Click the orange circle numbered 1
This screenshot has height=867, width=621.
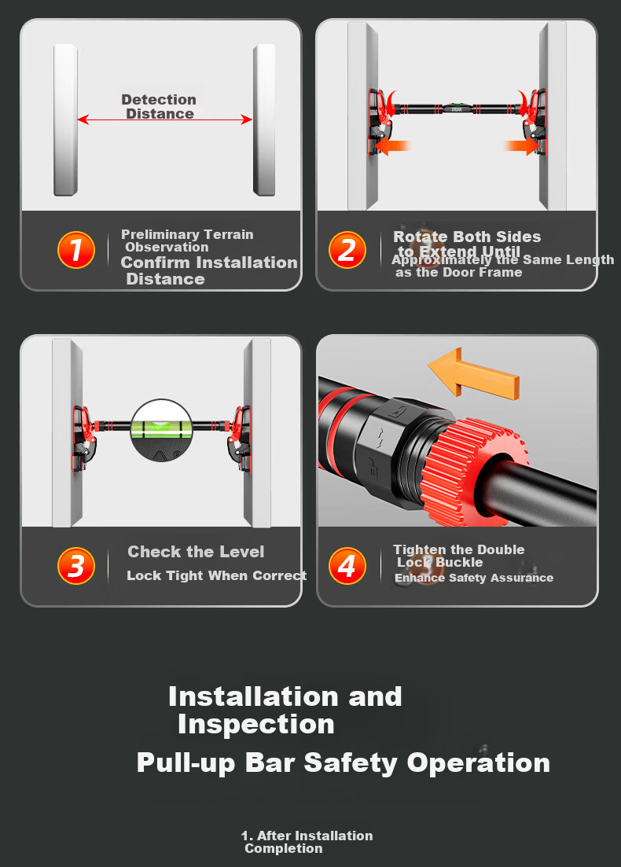tap(76, 250)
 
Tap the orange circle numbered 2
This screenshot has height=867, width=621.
tap(347, 250)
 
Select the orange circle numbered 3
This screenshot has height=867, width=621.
tap(76, 566)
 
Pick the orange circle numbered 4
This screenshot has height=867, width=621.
tap(347, 566)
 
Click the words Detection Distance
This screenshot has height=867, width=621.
tap(160, 107)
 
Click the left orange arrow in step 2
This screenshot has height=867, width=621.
tap(391, 146)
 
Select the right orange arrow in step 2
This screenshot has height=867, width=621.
tap(522, 146)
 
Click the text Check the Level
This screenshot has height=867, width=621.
tap(196, 551)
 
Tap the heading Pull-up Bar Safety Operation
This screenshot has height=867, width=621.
tap(344, 763)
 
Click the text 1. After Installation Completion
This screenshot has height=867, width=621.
tap(307, 842)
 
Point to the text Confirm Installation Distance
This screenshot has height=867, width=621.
tap(209, 270)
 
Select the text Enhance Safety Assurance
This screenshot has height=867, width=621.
tap(474, 578)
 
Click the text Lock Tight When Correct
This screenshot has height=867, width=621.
tap(217, 575)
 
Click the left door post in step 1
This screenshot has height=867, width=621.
tap(65, 120)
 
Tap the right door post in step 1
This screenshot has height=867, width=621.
tap(264, 120)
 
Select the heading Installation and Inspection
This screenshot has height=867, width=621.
tap(285, 710)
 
